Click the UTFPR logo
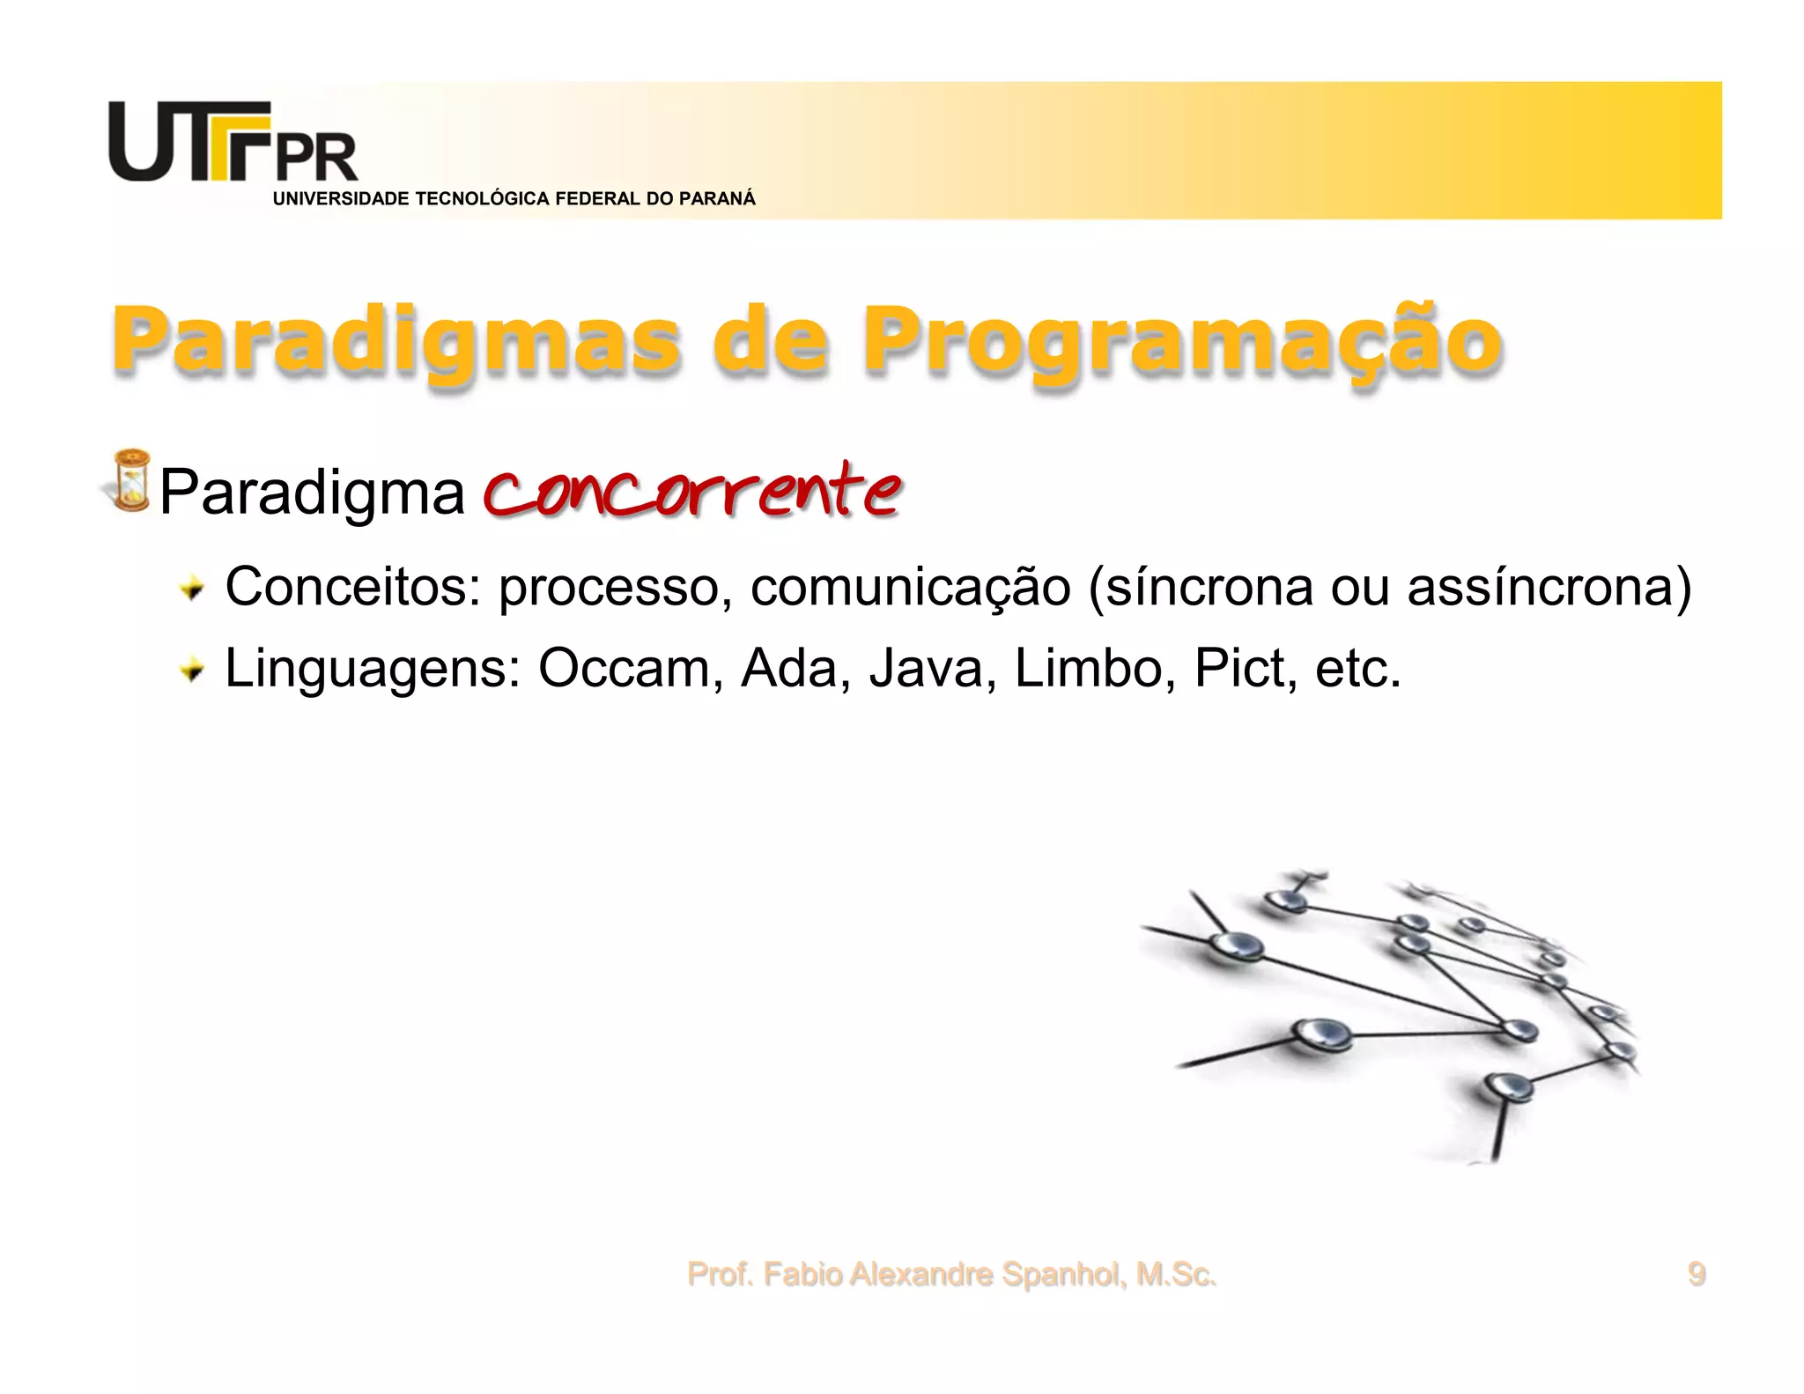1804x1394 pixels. [233, 143]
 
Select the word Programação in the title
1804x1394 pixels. [1181, 343]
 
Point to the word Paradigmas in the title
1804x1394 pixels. [396, 343]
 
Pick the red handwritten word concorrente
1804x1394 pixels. [692, 490]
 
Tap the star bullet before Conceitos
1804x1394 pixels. [191, 588]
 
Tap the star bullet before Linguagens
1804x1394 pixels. [191, 671]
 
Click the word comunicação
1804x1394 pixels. [910, 588]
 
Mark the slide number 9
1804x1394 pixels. [1696, 1274]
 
